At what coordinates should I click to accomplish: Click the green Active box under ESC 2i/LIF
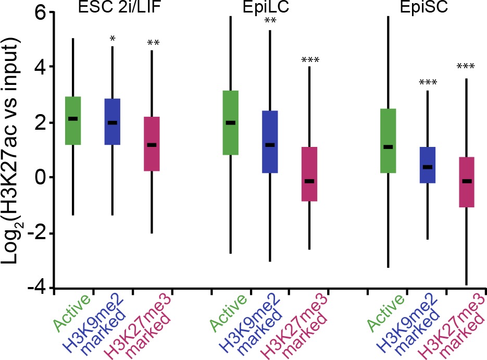[x=73, y=120]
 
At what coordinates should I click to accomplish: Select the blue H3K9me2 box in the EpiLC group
[x=270, y=142]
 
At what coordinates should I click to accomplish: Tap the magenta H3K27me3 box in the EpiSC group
[x=466, y=182]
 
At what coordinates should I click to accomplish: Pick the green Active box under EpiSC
[x=388, y=141]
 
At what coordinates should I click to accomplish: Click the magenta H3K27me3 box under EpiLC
[x=309, y=174]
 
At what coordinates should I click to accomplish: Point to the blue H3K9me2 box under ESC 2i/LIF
[x=113, y=121]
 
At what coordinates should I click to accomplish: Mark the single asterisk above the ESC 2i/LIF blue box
[x=113, y=40]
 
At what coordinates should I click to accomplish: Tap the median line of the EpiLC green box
[x=230, y=123]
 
